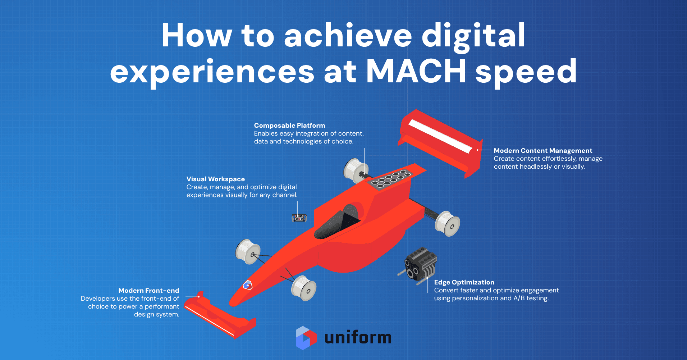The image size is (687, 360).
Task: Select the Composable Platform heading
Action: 289,126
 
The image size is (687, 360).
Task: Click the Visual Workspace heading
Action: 215,179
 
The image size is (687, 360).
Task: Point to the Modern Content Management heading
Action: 543,151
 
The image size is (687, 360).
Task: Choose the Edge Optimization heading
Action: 464,282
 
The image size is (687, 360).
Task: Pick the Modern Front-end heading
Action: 148,291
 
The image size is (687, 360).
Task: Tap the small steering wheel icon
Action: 299,218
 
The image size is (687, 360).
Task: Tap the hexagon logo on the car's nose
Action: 247,286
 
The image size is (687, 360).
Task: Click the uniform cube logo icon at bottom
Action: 306,338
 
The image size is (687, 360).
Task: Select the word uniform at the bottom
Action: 358,338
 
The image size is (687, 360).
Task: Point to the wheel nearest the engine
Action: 447,223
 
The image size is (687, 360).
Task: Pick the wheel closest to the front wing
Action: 304,288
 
